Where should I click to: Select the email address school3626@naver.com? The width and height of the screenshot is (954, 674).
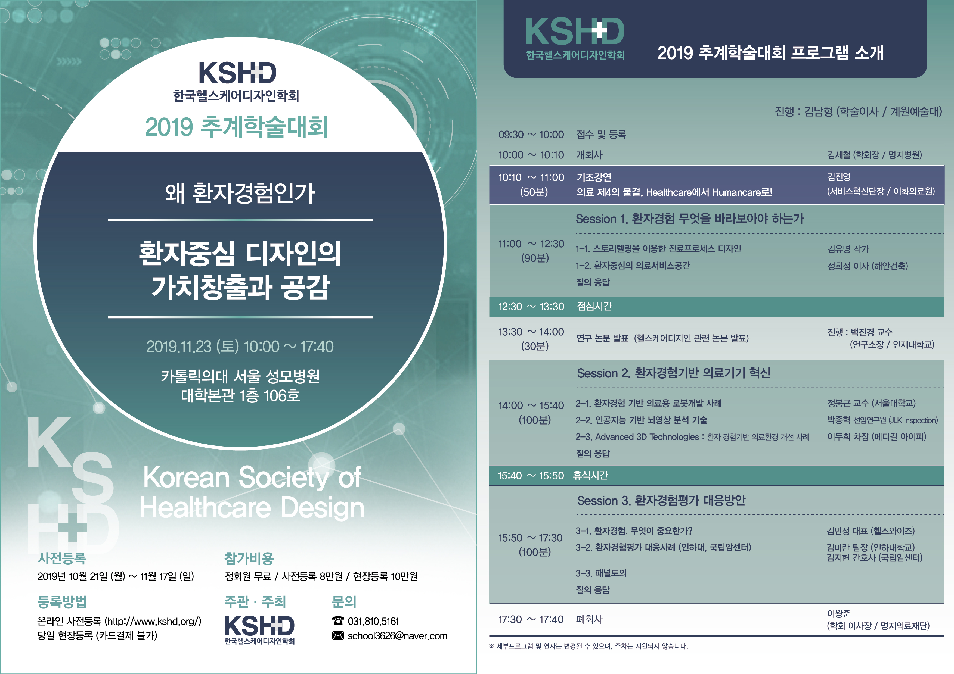click(x=397, y=636)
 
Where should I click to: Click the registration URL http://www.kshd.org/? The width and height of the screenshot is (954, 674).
click(x=153, y=621)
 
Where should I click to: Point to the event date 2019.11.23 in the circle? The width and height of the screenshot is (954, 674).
click(x=179, y=346)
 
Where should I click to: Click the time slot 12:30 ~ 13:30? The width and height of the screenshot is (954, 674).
click(x=531, y=307)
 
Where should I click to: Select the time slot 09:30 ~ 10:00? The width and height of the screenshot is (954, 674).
click(x=531, y=135)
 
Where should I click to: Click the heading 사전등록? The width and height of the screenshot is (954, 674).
click(x=62, y=558)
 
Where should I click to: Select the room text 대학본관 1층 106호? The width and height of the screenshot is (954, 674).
click(x=240, y=395)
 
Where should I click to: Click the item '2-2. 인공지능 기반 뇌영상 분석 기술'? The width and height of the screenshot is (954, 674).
click(x=642, y=420)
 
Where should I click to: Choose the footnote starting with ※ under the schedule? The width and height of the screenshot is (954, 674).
click(x=588, y=646)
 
